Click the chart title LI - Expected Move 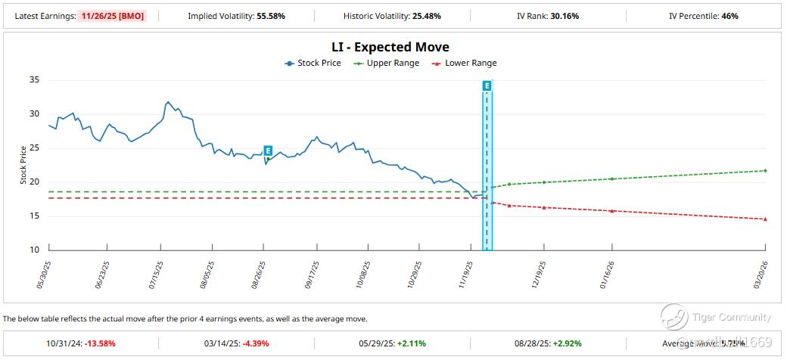click(x=390, y=47)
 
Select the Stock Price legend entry click(x=313, y=64)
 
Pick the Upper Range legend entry click(x=387, y=64)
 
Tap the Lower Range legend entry click(x=464, y=64)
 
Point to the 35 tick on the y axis click(x=34, y=79)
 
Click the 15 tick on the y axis click(x=34, y=216)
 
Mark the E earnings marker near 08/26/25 click(x=268, y=151)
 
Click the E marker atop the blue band click(x=487, y=85)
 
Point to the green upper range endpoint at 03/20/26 click(x=766, y=171)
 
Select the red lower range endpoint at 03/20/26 click(x=766, y=219)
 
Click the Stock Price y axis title click(x=23, y=165)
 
